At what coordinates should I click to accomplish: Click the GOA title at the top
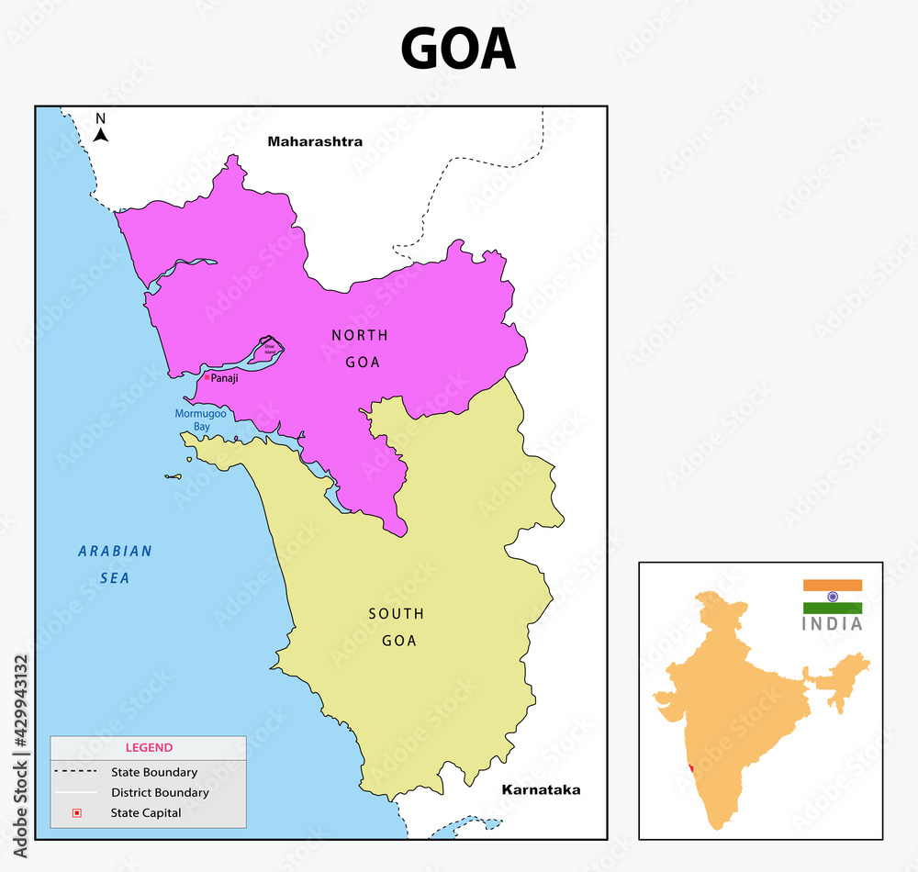[458, 50]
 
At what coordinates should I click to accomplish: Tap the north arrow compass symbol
[101, 129]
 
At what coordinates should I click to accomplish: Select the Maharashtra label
[315, 141]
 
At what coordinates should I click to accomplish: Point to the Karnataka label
[541, 789]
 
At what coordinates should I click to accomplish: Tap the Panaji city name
[224, 378]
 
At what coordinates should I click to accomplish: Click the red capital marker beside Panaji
[207, 377]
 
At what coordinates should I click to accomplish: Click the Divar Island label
[270, 350]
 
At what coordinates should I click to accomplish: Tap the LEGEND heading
[149, 748]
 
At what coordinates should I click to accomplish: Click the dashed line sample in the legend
[76, 772]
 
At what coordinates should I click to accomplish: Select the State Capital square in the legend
[77, 812]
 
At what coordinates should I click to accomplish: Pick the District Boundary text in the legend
[160, 792]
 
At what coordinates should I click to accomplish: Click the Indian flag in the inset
[833, 597]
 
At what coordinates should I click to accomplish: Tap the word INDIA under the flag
[833, 624]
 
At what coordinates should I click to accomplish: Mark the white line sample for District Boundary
[76, 792]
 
